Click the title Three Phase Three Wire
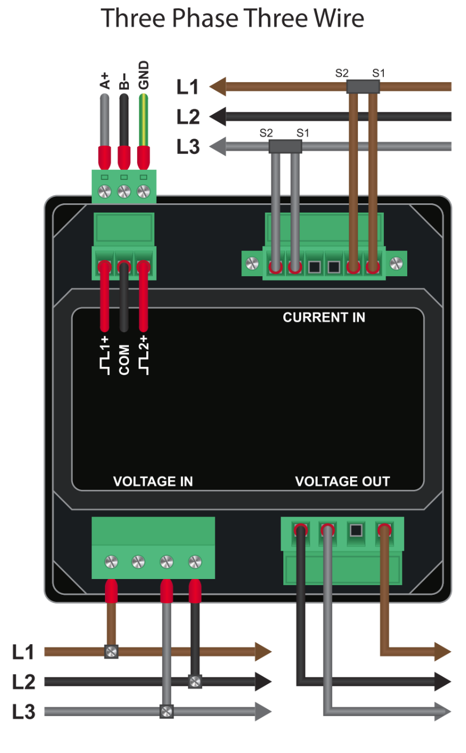point(233,19)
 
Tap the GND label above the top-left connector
point(144,76)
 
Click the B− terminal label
point(124,81)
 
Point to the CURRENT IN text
point(324,318)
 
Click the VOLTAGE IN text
point(153,482)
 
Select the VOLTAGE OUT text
point(342,482)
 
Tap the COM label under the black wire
point(124,359)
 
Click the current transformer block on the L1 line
point(363,86)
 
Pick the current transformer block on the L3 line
point(285,146)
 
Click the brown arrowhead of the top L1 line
point(218,86)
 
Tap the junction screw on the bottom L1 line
point(111,651)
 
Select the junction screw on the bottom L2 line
point(195,681)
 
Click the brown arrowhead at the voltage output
point(443,651)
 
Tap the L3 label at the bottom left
point(24,712)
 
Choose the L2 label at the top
point(188,116)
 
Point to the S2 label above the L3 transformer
point(266,132)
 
